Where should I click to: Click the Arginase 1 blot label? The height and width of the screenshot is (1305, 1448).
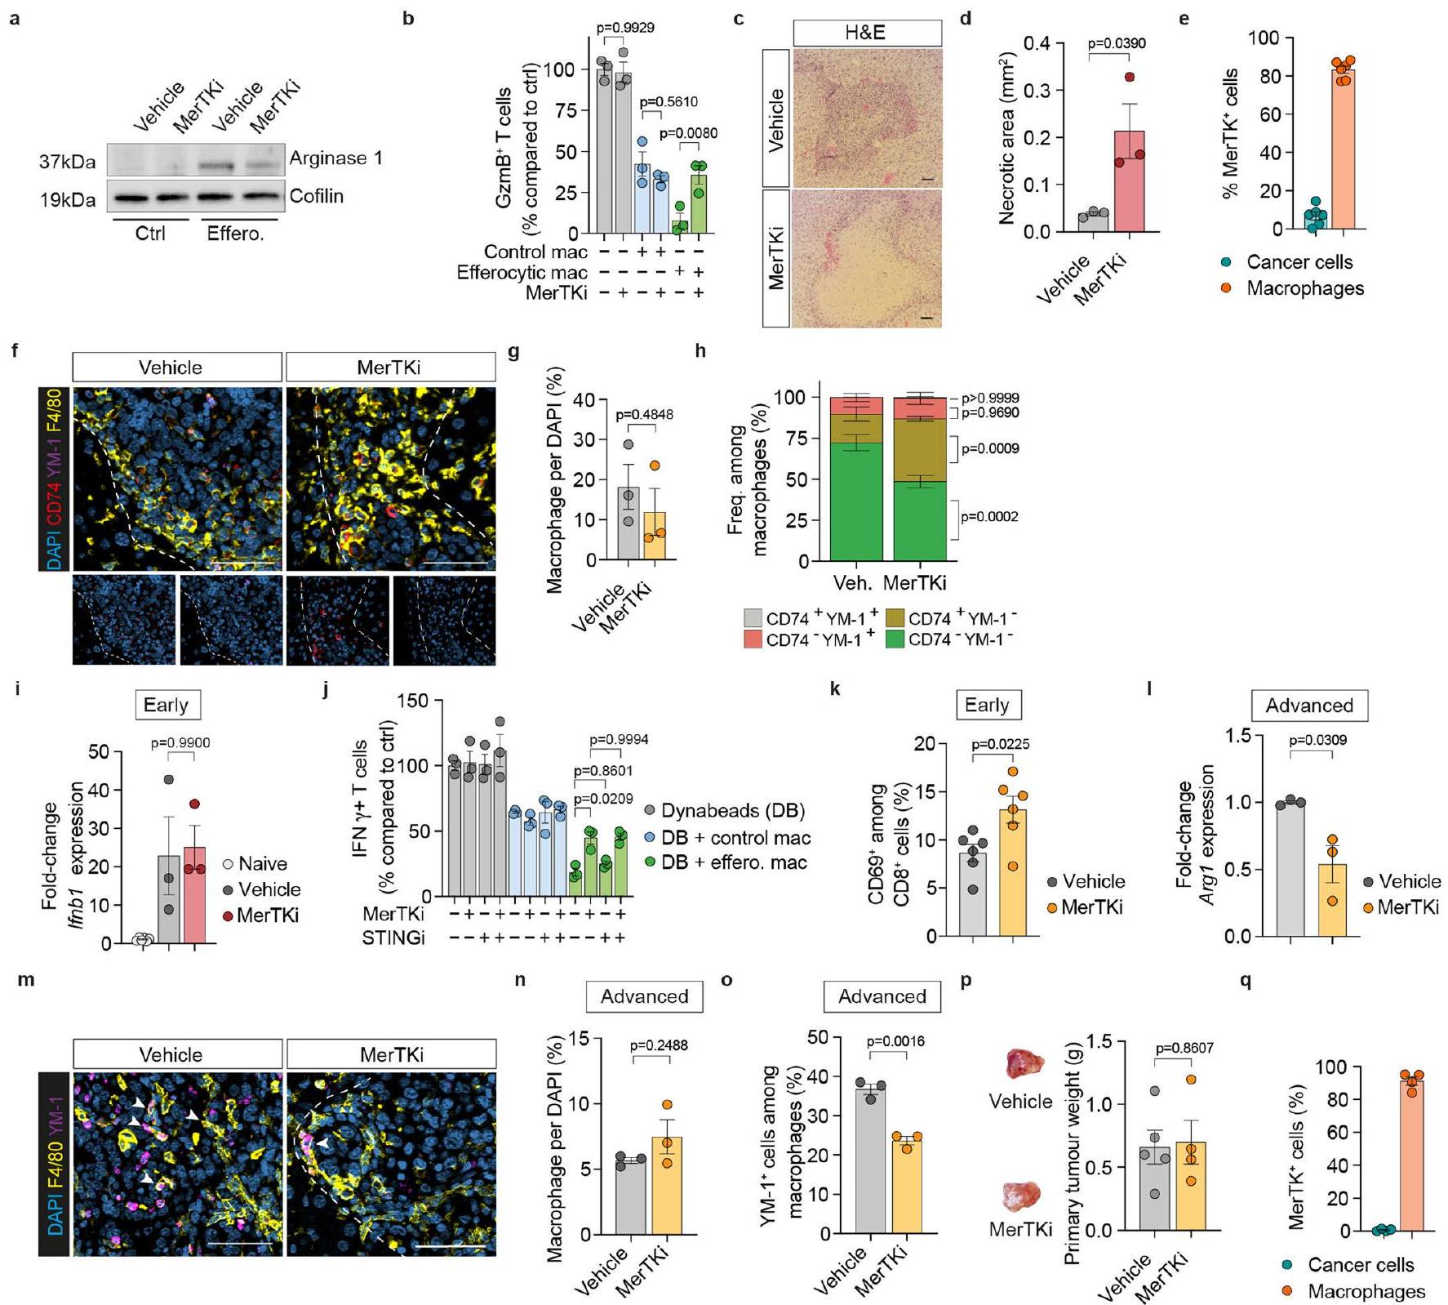(335, 158)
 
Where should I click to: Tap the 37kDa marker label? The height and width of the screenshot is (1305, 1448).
(68, 163)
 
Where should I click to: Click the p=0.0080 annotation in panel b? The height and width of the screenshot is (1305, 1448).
(688, 134)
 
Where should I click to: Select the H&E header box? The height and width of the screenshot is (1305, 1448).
(867, 33)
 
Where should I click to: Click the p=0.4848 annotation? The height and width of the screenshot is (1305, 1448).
(645, 414)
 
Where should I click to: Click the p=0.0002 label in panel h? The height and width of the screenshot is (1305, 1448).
(990, 516)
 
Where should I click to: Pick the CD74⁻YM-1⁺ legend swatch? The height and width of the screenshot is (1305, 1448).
(753, 640)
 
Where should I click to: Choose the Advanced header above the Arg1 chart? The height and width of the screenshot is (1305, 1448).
(1308, 706)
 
